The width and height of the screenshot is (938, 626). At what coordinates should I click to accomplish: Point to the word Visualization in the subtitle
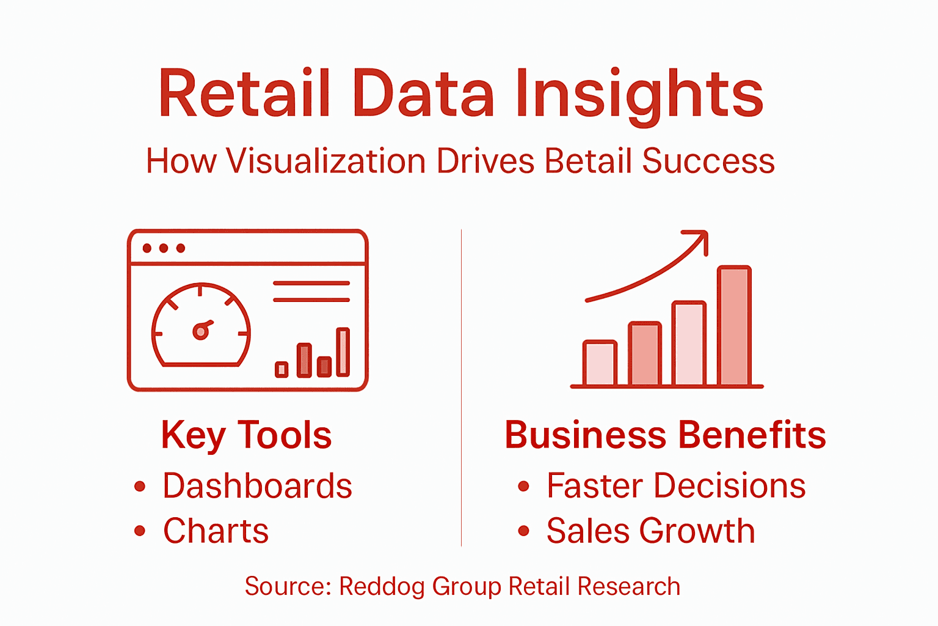coord(325,161)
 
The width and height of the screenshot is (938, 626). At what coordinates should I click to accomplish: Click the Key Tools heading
coord(246,435)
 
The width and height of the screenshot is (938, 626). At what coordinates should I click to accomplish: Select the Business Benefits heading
coord(665,435)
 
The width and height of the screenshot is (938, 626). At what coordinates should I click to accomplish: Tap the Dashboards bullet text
coord(257,486)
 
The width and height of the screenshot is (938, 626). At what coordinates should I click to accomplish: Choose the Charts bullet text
coord(216,531)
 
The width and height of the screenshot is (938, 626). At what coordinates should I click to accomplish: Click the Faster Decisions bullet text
coord(675,486)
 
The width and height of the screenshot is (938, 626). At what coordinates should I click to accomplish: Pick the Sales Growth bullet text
coord(650,531)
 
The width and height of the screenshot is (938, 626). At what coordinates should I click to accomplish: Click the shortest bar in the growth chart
coord(600,364)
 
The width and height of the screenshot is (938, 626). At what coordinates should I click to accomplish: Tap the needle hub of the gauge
coord(200,331)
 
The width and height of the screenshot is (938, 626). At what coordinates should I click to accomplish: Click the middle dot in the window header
coord(164,248)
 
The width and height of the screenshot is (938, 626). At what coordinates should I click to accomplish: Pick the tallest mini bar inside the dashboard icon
coord(343,352)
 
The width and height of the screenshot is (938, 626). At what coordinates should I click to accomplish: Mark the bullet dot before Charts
coord(140,531)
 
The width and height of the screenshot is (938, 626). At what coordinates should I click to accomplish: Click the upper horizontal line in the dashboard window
coord(311,284)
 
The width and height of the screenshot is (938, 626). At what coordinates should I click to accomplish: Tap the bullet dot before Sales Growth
coord(523,531)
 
